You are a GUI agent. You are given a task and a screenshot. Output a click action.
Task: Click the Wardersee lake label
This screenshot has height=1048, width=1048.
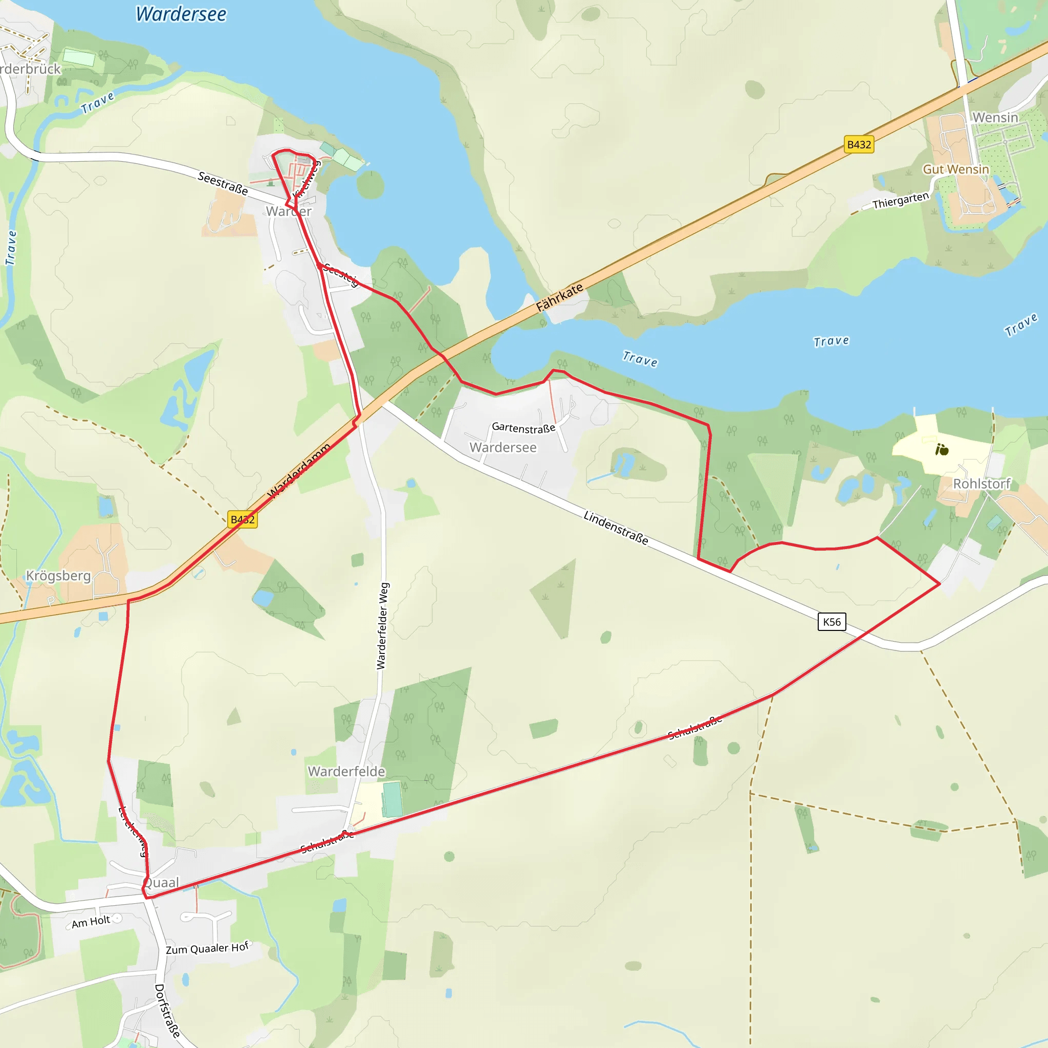tap(181, 14)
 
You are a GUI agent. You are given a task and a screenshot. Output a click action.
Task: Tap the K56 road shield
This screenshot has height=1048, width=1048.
tap(832, 622)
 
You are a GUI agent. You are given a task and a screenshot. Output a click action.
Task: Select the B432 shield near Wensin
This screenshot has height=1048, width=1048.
tap(859, 145)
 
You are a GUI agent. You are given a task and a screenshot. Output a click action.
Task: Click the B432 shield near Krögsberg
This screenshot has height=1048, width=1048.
tap(243, 519)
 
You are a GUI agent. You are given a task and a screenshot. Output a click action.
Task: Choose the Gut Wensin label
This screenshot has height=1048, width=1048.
tap(956, 169)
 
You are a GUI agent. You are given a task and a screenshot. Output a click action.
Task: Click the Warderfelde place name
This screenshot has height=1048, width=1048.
tap(346, 771)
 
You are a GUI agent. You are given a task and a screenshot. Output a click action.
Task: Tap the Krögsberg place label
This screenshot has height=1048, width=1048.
tap(58, 576)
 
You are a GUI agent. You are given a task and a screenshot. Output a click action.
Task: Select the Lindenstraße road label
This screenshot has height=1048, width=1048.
tap(616, 527)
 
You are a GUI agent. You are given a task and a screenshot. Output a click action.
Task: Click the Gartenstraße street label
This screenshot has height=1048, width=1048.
tap(523, 428)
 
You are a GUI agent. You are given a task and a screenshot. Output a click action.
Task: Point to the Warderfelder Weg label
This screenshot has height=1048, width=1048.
tap(383, 626)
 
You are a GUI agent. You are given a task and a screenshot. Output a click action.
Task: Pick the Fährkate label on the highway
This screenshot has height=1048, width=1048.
tap(560, 297)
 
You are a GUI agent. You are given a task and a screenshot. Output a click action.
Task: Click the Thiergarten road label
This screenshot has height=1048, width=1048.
tap(901, 201)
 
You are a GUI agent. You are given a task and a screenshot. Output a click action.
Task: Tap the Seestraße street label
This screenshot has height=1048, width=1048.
tap(223, 183)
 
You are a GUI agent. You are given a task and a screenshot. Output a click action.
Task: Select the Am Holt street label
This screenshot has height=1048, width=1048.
tap(91, 922)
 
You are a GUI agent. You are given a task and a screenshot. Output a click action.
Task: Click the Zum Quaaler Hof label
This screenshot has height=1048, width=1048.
tap(207, 948)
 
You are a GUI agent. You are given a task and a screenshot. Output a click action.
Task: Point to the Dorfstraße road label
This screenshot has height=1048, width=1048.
tap(167, 1011)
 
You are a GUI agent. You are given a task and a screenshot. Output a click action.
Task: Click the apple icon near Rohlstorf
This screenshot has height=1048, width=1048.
tap(942, 450)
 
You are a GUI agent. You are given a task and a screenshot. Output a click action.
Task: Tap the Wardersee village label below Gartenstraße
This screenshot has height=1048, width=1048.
tap(503, 448)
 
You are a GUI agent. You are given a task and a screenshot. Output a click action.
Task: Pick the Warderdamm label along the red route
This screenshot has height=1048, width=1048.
tap(299, 471)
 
